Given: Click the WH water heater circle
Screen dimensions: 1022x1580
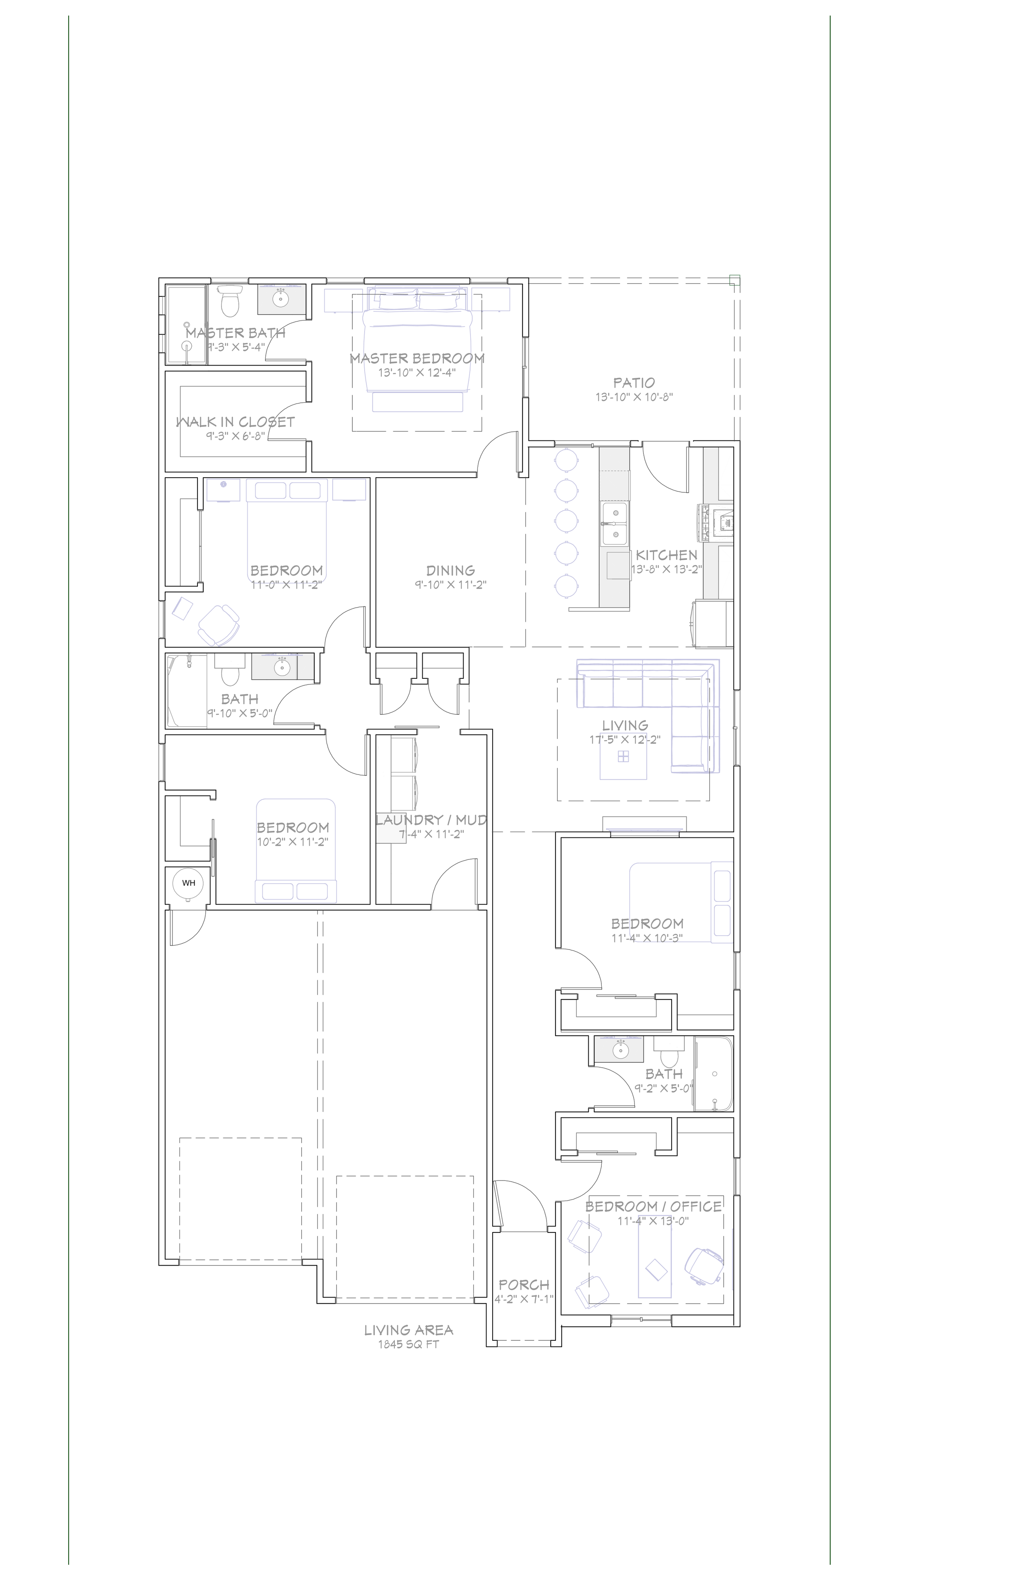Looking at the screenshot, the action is (x=188, y=883).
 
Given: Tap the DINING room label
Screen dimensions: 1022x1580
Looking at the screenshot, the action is (x=450, y=570).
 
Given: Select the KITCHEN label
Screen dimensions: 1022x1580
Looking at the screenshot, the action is (x=666, y=555).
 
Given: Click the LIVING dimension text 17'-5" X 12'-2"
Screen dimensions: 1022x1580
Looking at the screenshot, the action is (x=625, y=740).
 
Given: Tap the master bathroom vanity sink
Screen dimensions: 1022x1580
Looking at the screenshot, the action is (x=281, y=299).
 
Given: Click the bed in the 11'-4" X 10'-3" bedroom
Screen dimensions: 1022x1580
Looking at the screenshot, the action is (x=680, y=902).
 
